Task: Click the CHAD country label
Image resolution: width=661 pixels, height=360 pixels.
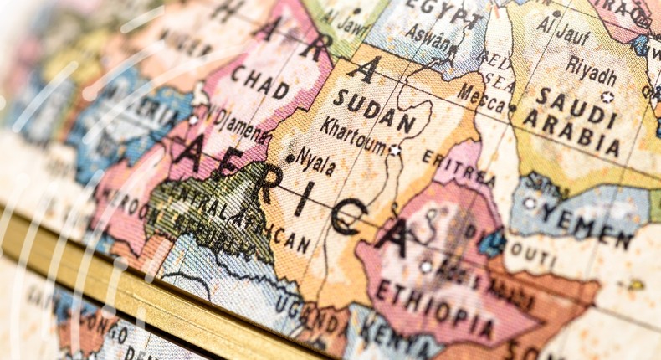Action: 260,81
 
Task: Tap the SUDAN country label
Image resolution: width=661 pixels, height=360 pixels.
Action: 374,111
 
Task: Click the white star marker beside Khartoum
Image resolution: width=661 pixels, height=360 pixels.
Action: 394,151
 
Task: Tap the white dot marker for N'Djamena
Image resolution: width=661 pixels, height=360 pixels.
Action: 193,119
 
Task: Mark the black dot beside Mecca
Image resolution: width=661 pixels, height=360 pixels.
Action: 512,107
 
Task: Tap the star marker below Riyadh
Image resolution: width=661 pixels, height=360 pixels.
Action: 607,96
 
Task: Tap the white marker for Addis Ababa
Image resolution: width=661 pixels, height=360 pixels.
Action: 426,266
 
